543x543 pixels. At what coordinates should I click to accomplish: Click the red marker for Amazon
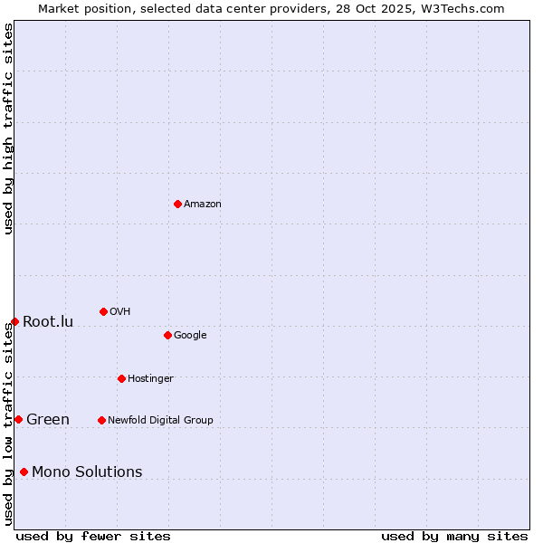coord(177,204)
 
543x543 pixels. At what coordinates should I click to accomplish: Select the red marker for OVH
coord(103,311)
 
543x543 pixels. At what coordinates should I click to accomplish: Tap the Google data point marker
coord(167,335)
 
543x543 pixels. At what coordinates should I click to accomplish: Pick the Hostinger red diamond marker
coord(121,378)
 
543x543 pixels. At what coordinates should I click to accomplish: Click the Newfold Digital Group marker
coord(101,420)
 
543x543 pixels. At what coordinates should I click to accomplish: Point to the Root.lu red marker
coord(14,321)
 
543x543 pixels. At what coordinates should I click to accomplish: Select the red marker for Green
coord(18,419)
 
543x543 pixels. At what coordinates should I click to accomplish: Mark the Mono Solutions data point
coord(24,472)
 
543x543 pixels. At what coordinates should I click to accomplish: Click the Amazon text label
coord(203,205)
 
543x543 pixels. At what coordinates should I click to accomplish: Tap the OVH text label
coord(120,312)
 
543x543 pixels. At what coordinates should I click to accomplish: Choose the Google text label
coord(190,336)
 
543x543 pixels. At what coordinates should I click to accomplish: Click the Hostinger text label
coord(150,379)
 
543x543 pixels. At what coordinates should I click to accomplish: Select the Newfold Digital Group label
coord(160,421)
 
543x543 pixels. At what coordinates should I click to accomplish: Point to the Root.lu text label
coord(48,322)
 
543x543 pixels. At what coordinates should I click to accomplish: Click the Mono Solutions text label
coord(87,472)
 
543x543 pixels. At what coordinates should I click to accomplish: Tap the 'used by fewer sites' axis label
coord(93,537)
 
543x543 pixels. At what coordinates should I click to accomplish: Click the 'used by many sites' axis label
coord(454,537)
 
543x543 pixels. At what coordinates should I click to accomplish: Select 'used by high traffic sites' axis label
coord(8,129)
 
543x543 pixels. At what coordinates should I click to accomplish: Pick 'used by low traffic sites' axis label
coord(8,424)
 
